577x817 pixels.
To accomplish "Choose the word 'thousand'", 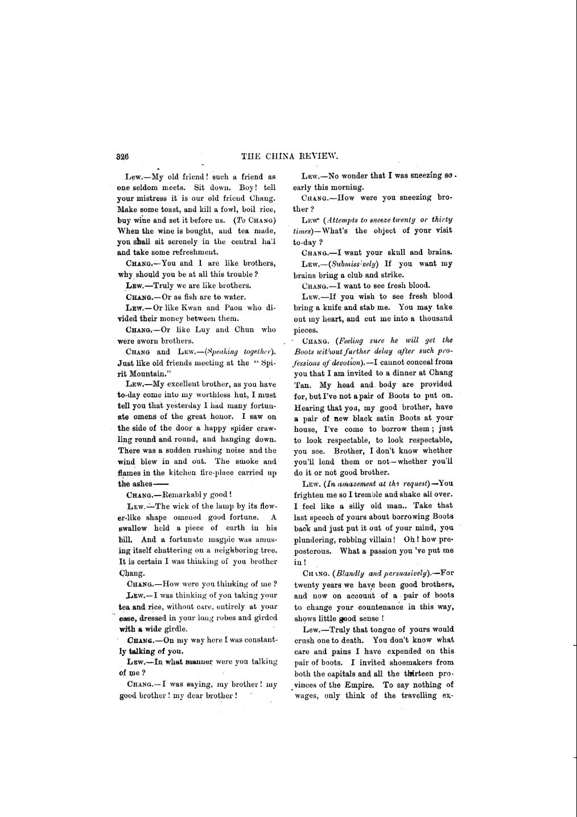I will click(x=436, y=319).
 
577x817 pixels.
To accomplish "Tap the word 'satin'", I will click(x=393, y=418).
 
